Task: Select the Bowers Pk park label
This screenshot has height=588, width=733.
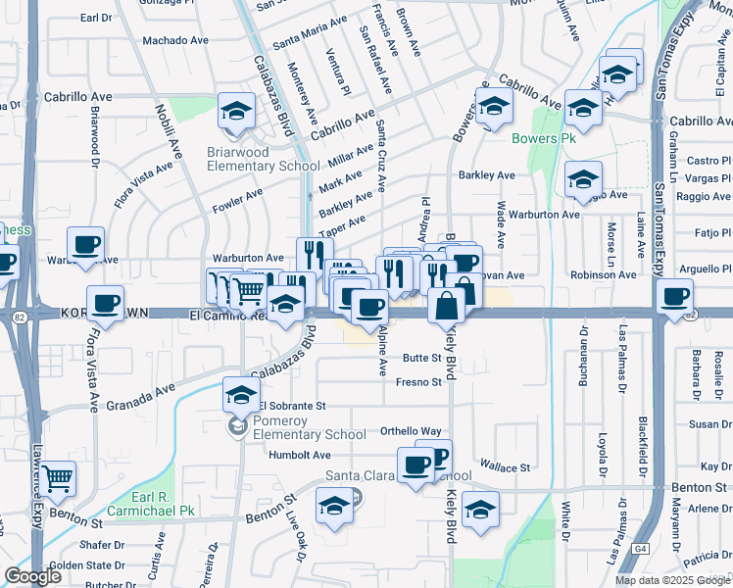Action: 543,138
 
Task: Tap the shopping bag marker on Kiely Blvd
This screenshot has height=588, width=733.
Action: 447,304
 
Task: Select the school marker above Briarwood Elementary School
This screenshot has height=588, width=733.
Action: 237,112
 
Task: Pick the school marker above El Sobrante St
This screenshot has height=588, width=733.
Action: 241,395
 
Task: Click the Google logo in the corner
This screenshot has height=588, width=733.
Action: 33,576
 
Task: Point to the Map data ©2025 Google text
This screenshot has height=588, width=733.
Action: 670,580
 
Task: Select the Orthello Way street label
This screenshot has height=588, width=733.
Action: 411,431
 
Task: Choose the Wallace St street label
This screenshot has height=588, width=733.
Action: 504,467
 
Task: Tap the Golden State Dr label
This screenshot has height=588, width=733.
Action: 83,564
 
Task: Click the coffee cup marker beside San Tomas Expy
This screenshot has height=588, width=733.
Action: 674,295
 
